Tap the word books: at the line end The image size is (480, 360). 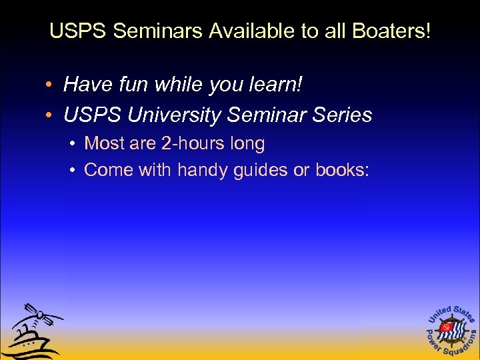341,170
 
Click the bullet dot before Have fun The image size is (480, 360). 51,85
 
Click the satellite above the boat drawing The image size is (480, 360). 41,315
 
